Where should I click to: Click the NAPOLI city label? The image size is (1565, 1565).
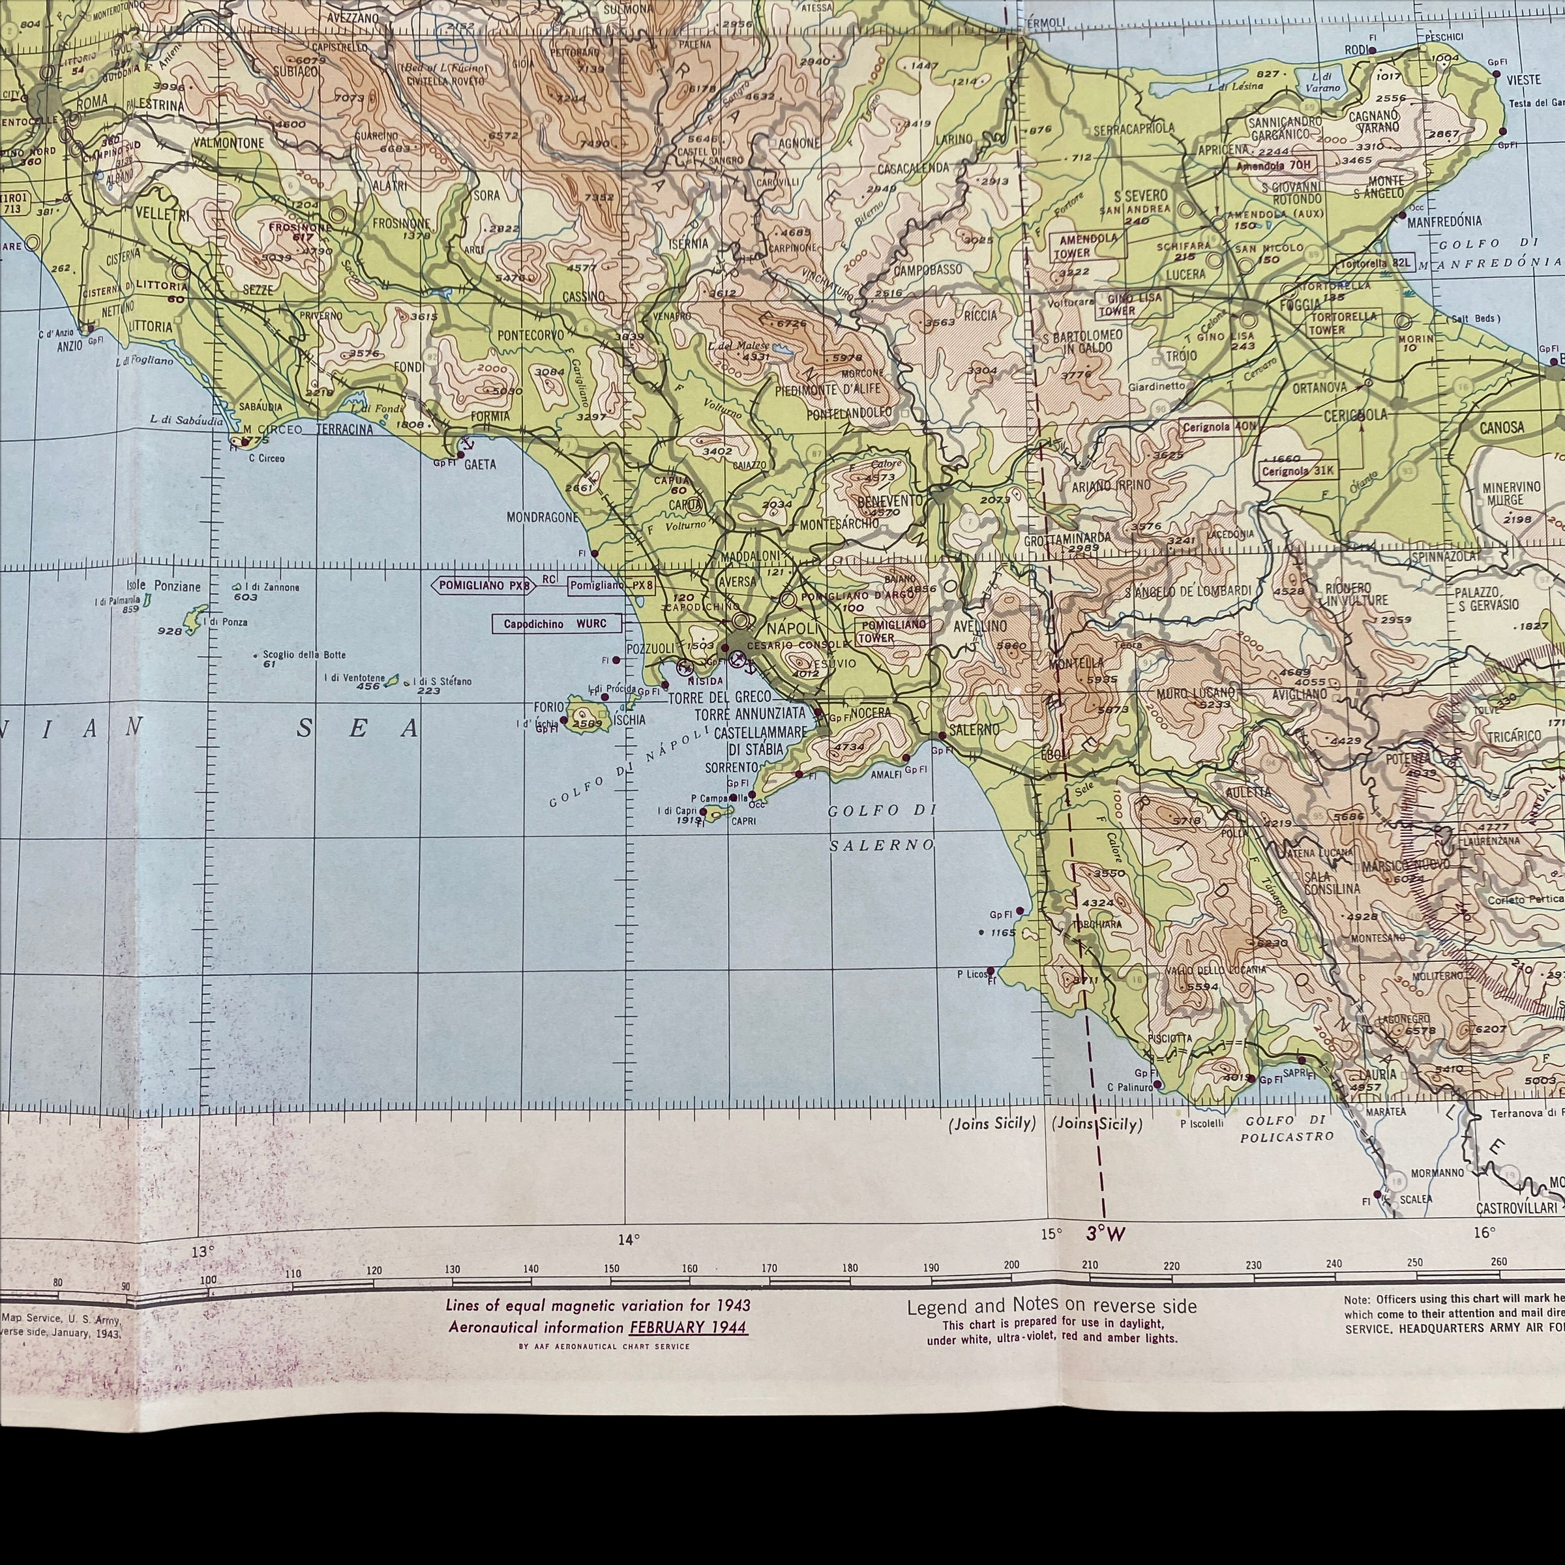click(x=793, y=628)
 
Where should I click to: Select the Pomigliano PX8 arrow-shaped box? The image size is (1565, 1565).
click(x=484, y=586)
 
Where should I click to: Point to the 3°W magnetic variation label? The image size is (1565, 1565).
click(x=1106, y=1234)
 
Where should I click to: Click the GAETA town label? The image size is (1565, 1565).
click(x=479, y=464)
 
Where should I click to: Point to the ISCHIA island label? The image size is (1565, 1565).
click(x=629, y=719)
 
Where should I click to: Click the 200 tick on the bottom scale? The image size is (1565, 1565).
click(x=1011, y=1264)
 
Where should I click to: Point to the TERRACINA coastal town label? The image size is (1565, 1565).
click(x=344, y=428)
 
